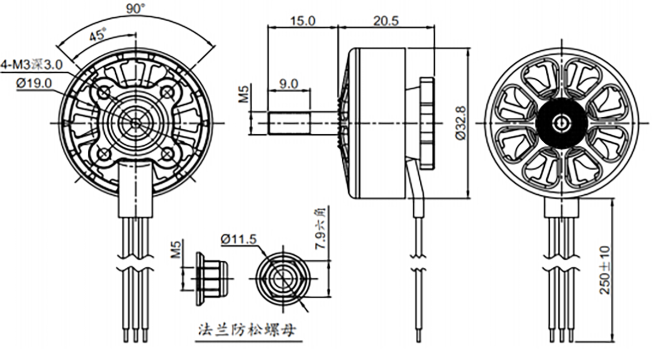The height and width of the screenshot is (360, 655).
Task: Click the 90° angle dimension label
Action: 135,8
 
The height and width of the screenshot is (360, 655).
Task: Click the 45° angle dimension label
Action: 97,36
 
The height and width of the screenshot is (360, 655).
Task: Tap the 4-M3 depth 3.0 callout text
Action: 32,65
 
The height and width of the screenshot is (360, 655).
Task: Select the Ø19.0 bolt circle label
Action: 34,83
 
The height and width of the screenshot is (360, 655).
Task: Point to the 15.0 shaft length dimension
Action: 303,21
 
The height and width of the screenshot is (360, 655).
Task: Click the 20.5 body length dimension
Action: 385,21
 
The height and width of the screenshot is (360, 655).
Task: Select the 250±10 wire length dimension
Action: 605,270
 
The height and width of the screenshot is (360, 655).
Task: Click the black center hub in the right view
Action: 559,123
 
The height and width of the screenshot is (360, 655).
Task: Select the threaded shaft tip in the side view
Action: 289,123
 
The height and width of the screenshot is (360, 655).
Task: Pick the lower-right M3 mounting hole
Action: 168,154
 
